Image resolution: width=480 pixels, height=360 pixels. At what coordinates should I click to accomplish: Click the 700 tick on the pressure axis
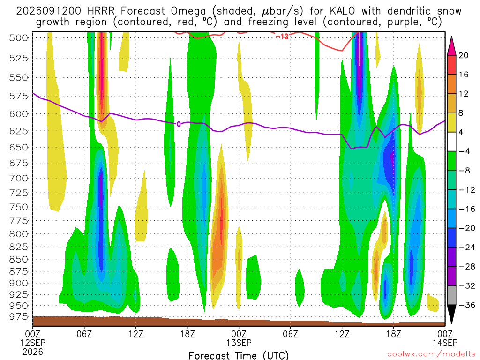[x=19, y=179]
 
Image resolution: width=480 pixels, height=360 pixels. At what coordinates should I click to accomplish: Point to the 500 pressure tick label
[x=19, y=38]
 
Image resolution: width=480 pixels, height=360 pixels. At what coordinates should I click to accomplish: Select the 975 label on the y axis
[x=19, y=316]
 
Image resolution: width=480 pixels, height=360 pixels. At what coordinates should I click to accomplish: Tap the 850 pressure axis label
[x=19, y=259]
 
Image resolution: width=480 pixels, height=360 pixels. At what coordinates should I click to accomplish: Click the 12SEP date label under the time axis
[x=33, y=343]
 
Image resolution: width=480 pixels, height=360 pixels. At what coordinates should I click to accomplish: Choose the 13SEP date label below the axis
[x=239, y=343]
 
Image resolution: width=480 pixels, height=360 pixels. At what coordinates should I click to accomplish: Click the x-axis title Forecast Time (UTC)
[x=239, y=355]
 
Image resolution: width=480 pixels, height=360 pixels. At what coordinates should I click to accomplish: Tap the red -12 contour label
[x=282, y=37]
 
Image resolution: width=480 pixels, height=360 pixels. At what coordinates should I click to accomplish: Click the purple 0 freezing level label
[x=179, y=124]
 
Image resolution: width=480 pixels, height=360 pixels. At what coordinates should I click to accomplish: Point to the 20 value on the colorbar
[x=464, y=55]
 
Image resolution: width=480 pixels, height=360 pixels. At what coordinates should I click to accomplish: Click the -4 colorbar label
[x=464, y=151]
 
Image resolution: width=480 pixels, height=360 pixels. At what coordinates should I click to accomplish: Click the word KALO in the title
[x=342, y=11]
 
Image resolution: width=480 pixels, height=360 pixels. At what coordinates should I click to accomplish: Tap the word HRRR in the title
[x=101, y=11]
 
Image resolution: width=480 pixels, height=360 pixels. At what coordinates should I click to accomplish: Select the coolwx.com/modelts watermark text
[x=431, y=354]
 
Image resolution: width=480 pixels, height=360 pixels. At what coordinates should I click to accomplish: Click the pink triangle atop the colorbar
[x=451, y=46]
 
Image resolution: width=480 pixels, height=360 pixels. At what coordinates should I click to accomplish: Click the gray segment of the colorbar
[x=451, y=295]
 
